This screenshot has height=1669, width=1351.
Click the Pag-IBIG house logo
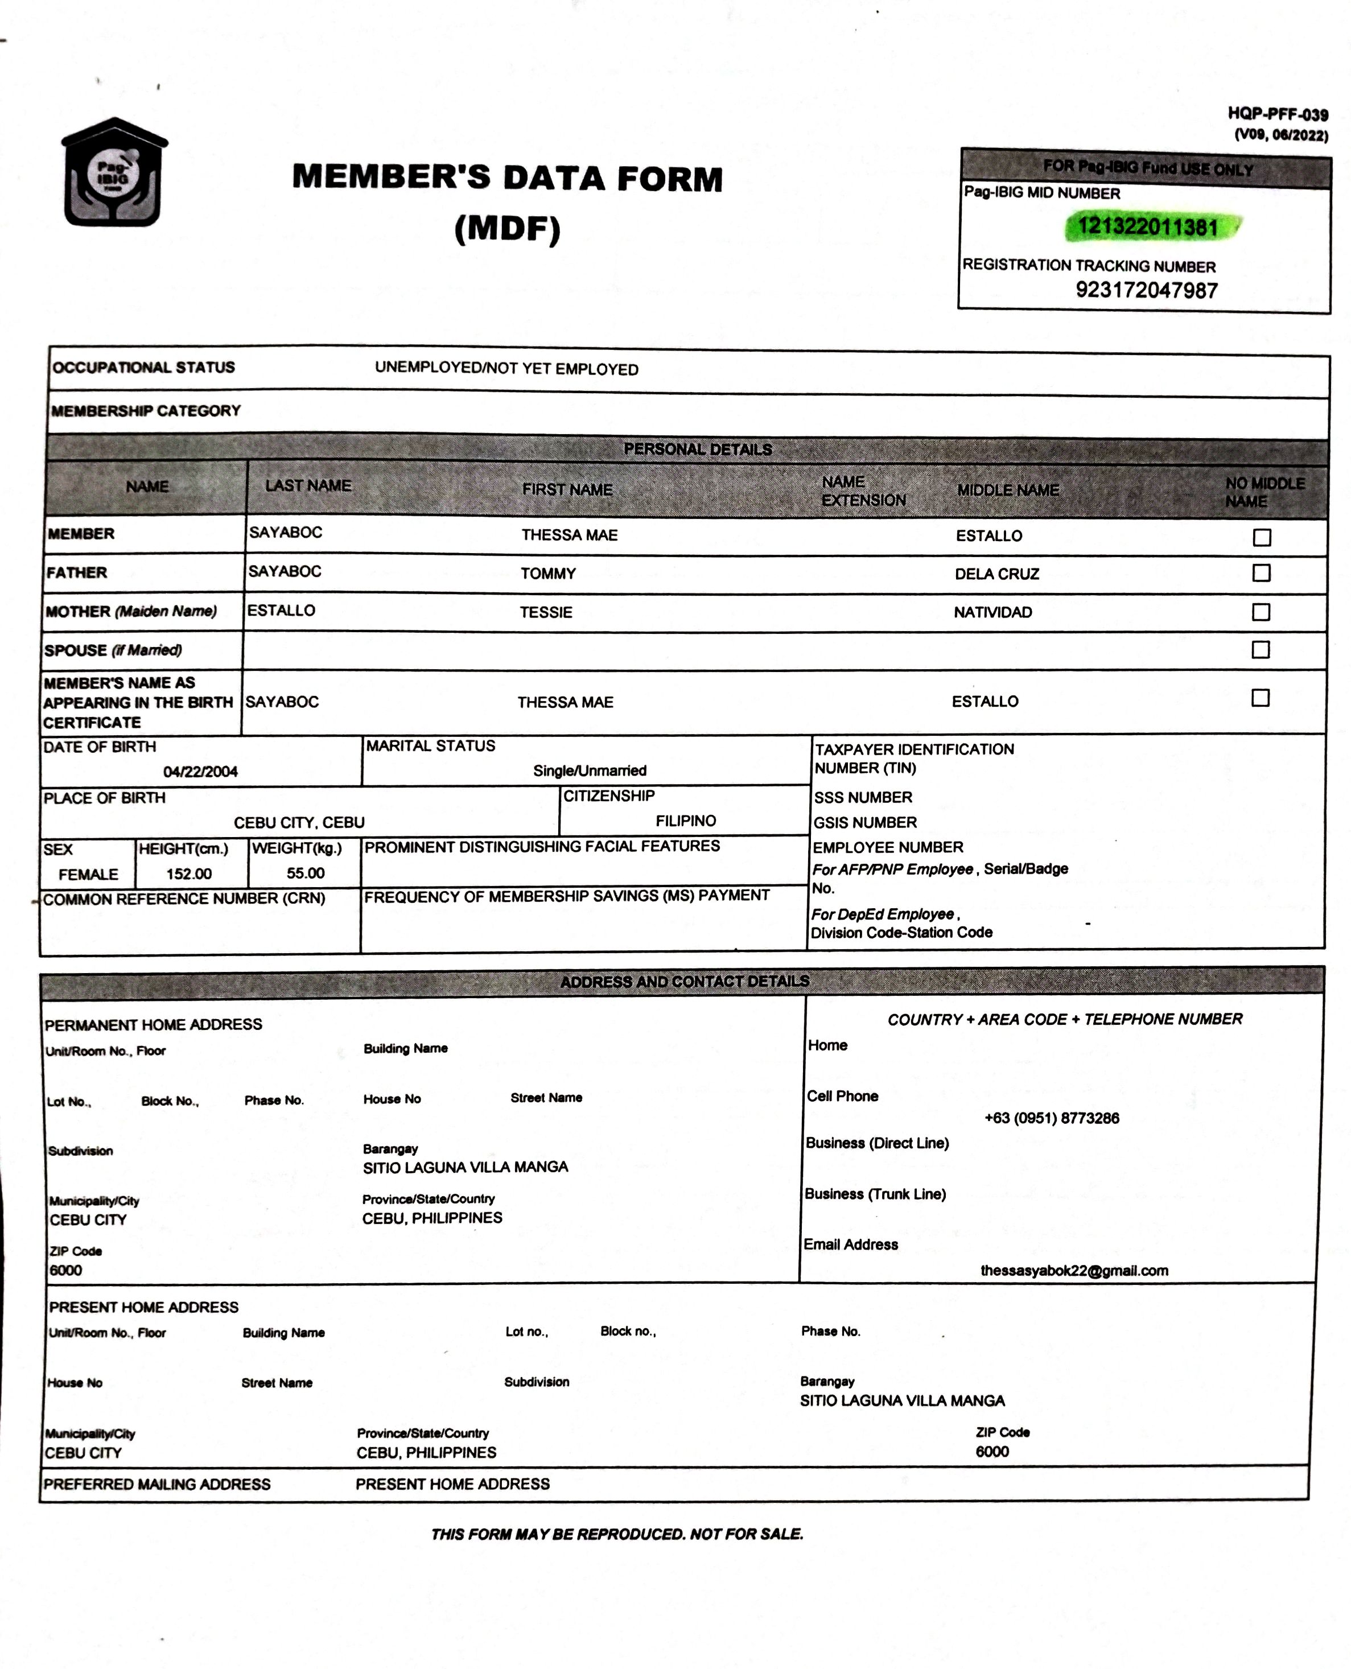point(114,173)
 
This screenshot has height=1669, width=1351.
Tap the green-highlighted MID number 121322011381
point(1147,226)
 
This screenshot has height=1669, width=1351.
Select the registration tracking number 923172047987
point(1146,290)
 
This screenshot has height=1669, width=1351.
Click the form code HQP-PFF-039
point(1277,114)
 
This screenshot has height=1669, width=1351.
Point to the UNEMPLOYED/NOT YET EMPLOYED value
point(506,369)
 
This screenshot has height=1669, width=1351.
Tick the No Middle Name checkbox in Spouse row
point(1261,650)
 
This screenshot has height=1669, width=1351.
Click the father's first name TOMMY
point(549,574)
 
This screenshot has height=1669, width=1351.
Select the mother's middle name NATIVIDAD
point(993,612)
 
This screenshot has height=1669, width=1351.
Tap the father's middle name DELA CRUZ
point(997,574)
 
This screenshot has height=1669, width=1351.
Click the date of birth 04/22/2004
point(200,771)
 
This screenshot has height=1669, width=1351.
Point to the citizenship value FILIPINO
point(686,821)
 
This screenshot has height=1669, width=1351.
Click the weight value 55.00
point(305,873)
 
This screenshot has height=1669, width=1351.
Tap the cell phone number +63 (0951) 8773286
point(1052,1118)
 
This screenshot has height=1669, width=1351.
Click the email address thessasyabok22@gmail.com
point(1074,1271)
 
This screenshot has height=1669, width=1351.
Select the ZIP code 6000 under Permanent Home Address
point(65,1271)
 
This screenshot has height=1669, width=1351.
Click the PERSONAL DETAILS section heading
point(697,449)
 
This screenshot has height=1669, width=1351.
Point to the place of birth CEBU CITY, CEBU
point(299,822)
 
